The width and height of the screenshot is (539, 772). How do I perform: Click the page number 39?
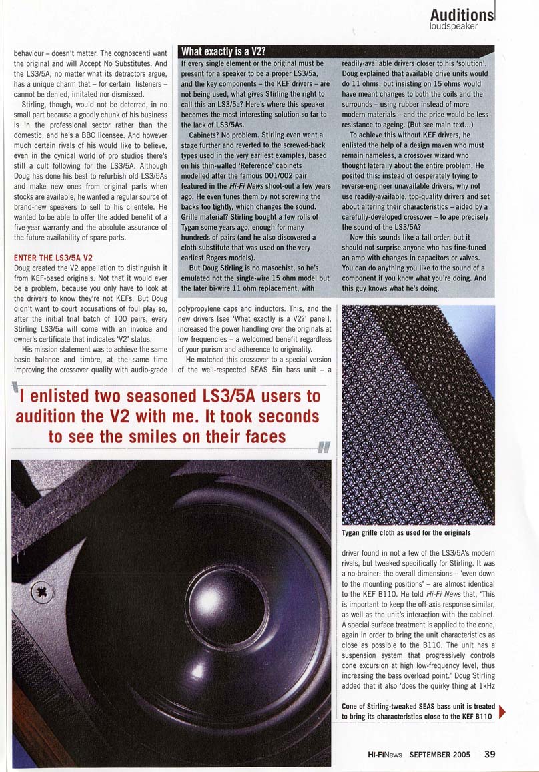click(489, 755)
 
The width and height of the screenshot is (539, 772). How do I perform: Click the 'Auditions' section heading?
click(462, 15)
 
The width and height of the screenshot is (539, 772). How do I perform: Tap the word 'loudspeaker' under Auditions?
click(454, 27)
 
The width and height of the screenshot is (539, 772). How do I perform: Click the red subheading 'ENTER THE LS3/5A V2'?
click(53, 258)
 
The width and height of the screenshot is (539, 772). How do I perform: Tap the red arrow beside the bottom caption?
click(502, 711)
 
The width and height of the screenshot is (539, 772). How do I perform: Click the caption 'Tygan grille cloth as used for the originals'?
click(406, 533)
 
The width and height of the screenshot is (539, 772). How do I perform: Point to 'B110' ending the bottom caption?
click(480, 716)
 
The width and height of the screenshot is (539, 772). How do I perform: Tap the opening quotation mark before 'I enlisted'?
click(16, 390)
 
